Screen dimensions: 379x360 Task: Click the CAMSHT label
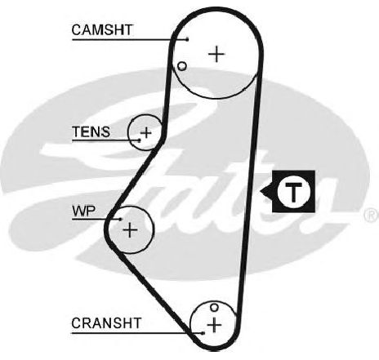pos(102,29)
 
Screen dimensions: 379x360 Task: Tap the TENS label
pos(91,131)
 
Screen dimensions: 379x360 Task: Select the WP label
pos(84,211)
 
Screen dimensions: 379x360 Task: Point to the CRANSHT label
pos(106,323)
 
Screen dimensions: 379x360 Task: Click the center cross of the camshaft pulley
pos(216,54)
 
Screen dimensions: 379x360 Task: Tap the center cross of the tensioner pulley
pos(146,133)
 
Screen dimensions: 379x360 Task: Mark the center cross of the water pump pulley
pos(130,230)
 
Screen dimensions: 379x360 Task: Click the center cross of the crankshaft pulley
pos(215,325)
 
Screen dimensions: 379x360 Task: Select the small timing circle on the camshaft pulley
pos(182,66)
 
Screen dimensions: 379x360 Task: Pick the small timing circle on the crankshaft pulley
pos(214,308)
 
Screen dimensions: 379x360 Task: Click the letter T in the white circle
pos(293,192)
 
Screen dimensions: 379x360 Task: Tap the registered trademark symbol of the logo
pos(372,215)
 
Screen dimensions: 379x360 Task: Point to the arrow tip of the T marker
pos(261,192)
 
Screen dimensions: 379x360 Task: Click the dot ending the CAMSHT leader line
pos(187,40)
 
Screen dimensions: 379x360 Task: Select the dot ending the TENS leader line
pos(140,140)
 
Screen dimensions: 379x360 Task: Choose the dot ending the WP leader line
pos(121,219)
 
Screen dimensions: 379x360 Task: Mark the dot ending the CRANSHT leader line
pos(203,333)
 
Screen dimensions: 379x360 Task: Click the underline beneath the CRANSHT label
pos(137,333)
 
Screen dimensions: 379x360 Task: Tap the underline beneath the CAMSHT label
pos(130,40)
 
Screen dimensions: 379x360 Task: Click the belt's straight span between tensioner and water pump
pos(133,178)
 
